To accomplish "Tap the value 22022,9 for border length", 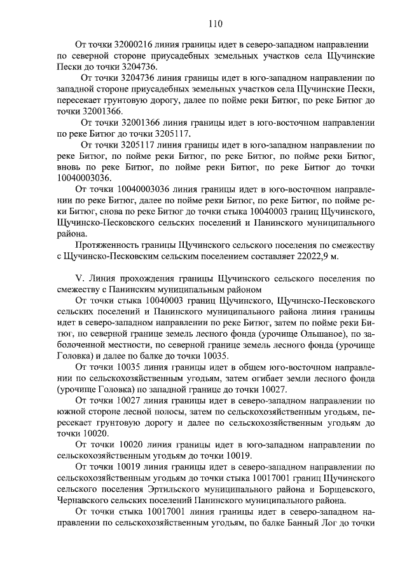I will (x=316, y=256).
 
